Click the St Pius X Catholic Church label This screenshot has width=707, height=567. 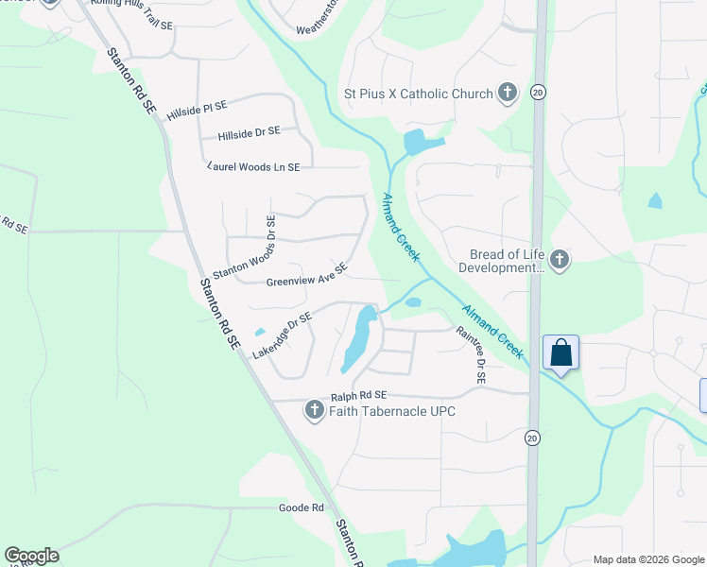click(418, 94)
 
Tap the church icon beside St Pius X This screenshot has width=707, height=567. click(508, 93)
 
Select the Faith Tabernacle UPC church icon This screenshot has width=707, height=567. click(315, 410)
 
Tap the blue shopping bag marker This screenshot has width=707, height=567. click(561, 353)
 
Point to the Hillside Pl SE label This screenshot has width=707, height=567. click(198, 109)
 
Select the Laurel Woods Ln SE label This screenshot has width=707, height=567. click(253, 166)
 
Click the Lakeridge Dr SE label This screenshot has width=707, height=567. click(282, 336)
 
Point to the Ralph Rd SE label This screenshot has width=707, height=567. click(359, 395)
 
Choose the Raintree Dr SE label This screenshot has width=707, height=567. click(470, 354)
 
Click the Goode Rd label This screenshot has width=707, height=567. click(302, 507)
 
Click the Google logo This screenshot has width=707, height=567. click(31, 556)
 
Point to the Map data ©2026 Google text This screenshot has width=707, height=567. click(647, 559)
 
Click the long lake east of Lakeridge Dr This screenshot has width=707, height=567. click(357, 339)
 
